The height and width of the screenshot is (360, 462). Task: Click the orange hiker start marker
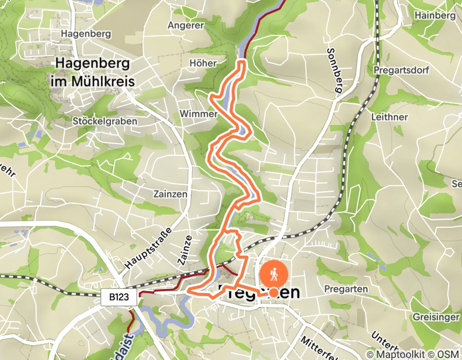point(275,275)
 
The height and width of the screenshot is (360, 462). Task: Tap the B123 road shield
point(119,297)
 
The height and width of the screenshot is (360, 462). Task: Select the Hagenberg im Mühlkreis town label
point(93,73)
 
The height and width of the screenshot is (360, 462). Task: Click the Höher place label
point(204,63)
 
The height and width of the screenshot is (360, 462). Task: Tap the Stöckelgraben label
point(105,121)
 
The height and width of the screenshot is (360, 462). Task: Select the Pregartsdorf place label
point(401,69)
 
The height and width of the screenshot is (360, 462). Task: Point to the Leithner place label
point(389,117)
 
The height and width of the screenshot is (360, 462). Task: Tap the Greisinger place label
point(436,317)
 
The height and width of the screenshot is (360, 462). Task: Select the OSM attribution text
point(447,354)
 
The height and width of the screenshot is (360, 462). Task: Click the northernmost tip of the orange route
point(242,62)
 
